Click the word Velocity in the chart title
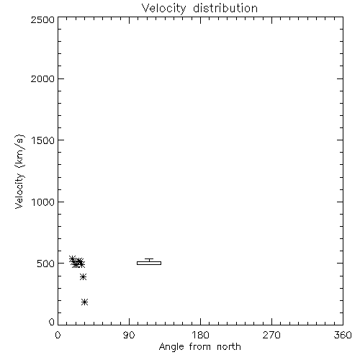pos(164,9)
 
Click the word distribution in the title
pos(225,8)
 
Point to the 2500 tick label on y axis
pos(42,19)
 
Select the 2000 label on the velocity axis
pos(42,78)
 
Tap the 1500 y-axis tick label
pos(43,140)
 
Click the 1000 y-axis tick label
pos(43,202)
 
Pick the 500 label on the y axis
pos(46,264)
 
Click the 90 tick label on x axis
pos(129,335)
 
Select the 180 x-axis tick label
pos(200,335)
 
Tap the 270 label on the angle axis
pos(271,335)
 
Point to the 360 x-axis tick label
pos(343,335)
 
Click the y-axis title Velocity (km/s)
pos(19,171)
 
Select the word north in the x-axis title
pos(229,347)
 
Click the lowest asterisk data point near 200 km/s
pos(84,302)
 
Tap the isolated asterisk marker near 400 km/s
pos(83,277)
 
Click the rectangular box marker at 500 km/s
pos(149,263)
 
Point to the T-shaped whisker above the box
pos(149,259)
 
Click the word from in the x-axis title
pos(200,347)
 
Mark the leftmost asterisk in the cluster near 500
pos(72,259)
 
